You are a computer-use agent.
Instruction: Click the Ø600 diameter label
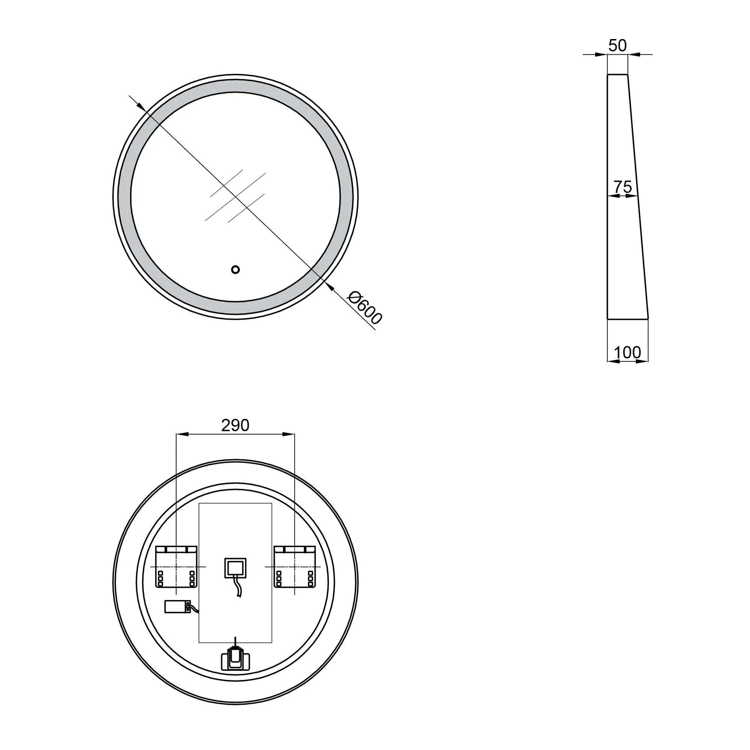click(x=365, y=308)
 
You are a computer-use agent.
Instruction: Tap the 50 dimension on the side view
click(x=617, y=45)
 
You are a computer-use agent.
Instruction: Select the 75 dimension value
click(x=622, y=187)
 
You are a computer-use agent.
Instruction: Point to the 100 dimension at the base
click(x=627, y=352)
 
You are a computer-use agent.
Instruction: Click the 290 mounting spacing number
click(x=235, y=426)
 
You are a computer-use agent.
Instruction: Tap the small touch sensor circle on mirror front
click(x=235, y=269)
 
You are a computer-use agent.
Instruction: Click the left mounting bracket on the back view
click(x=177, y=567)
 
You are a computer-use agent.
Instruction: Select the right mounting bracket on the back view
click(x=295, y=567)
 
